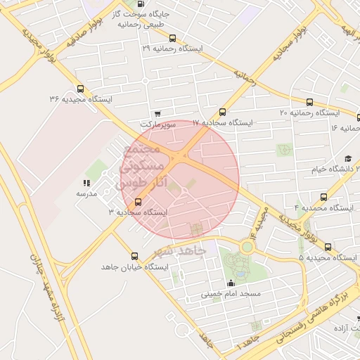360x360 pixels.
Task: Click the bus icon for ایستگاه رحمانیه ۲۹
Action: point(173,39)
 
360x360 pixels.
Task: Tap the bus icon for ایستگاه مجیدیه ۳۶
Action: point(80,89)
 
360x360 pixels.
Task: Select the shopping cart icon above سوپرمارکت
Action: point(157,113)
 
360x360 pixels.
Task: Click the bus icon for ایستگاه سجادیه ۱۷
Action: point(223,112)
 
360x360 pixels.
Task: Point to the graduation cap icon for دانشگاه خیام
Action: point(347,159)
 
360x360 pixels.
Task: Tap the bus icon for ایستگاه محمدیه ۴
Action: point(323,198)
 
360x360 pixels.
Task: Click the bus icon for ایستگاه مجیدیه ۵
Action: point(328,246)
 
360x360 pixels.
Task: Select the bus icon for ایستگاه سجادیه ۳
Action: point(139,201)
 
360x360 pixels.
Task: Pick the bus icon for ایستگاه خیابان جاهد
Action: point(135,255)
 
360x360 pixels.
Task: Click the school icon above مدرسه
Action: point(86,183)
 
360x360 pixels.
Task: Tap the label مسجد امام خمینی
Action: point(231,292)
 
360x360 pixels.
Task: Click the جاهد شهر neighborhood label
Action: point(180,251)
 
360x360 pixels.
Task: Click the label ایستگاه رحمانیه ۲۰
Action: point(309,112)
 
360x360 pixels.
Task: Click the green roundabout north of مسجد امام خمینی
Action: point(247,247)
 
